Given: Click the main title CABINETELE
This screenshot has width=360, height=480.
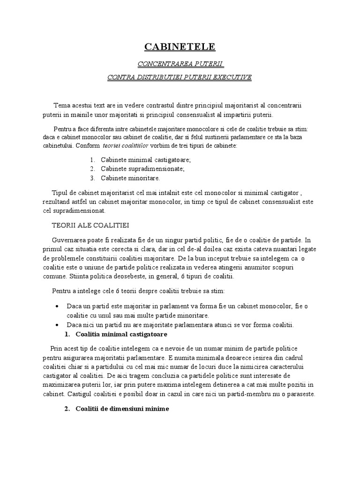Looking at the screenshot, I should click(180, 46).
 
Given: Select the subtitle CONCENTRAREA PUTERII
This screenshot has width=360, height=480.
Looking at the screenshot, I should click(180, 63).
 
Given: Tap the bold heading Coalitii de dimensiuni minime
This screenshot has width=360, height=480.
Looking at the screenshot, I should click(122, 409).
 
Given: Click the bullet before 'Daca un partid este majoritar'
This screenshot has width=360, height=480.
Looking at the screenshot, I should click(57, 306).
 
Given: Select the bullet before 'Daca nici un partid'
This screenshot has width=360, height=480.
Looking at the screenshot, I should click(57, 325).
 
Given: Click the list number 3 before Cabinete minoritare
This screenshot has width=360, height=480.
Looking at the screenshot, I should click(92, 178).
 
